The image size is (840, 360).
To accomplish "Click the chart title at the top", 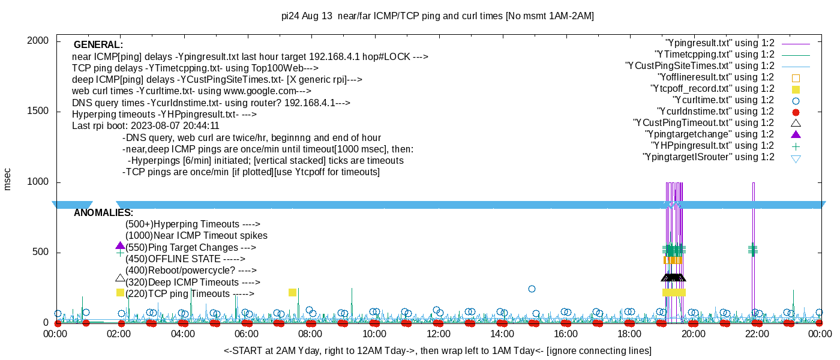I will click(x=437, y=16).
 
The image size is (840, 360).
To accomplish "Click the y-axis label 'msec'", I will click(x=7, y=178).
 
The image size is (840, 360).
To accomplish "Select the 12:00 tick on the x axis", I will click(x=438, y=334).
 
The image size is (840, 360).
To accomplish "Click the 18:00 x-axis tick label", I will click(x=629, y=334).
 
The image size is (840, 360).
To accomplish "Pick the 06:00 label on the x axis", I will click(x=247, y=334).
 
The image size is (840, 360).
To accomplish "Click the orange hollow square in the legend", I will click(x=796, y=77).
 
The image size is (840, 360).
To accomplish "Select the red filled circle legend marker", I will click(x=796, y=112).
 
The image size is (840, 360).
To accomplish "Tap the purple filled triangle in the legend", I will click(x=796, y=134).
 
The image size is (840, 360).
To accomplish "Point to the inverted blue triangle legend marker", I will click(x=796, y=158).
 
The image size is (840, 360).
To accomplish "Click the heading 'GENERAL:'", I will click(x=98, y=45).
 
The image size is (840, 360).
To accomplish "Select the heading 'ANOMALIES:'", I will click(x=103, y=213).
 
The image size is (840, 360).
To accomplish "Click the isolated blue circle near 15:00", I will click(x=532, y=289).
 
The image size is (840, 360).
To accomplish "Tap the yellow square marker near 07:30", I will click(x=292, y=292).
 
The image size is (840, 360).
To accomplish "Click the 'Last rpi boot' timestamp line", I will click(x=145, y=126).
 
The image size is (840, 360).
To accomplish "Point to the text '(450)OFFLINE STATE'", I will click(x=185, y=259).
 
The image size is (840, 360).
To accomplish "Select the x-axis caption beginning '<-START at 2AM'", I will click(x=437, y=350).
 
